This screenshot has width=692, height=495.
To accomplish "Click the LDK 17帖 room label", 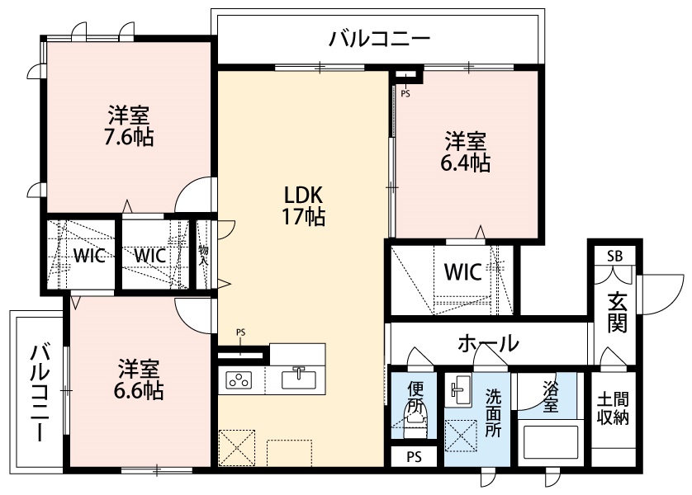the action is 304,205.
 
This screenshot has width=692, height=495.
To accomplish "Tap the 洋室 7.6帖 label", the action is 129,126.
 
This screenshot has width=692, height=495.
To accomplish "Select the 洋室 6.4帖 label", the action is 465,152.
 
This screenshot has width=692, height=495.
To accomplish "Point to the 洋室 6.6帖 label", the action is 139,379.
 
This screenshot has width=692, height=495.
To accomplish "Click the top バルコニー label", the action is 380,40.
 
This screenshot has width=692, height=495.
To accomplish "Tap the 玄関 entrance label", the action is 618,313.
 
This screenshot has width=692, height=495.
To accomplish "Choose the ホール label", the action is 488,343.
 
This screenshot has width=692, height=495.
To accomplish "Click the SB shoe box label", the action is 614,256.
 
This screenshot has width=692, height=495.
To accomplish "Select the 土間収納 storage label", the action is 613,409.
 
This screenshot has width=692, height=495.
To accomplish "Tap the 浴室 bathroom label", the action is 550,396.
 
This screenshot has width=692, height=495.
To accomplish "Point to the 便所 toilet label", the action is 415,397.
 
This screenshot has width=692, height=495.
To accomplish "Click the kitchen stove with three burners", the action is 239,380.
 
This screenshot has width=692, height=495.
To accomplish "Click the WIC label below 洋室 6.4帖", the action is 462,272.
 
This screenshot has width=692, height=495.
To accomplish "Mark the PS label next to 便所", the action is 414,457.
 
